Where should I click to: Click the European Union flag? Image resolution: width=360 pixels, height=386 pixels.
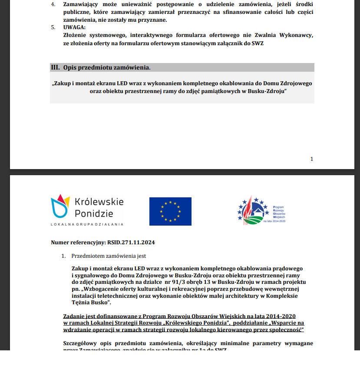click(x=170, y=211)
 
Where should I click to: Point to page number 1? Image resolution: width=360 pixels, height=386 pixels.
click(x=311, y=159)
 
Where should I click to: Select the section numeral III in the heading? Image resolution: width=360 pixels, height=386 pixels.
click(x=55, y=68)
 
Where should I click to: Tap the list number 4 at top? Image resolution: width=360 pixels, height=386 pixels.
click(x=53, y=4)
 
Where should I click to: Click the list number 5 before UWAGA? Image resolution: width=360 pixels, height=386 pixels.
click(x=53, y=27)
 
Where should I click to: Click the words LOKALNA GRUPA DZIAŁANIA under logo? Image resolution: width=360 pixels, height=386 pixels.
click(x=87, y=224)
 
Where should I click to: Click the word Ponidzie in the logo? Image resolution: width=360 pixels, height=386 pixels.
click(x=94, y=213)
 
